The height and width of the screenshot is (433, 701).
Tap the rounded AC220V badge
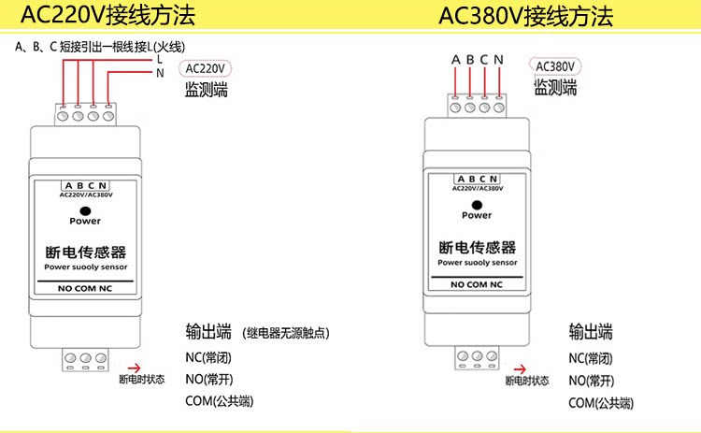[207, 69]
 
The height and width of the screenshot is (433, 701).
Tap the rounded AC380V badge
[555, 66]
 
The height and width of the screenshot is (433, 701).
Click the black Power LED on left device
[85, 209]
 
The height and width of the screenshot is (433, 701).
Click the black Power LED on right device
[477, 205]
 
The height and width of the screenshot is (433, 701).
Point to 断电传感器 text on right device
[477, 248]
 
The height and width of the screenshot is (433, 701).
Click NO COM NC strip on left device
[85, 288]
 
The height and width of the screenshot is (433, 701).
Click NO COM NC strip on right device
[477, 283]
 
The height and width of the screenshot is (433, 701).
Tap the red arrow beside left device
[134, 368]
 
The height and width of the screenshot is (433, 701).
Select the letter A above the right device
[456, 61]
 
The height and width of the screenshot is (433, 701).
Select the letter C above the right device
[484, 61]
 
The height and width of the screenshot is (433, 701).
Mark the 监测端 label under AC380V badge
[555, 88]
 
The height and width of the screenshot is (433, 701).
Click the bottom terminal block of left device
[85, 358]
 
